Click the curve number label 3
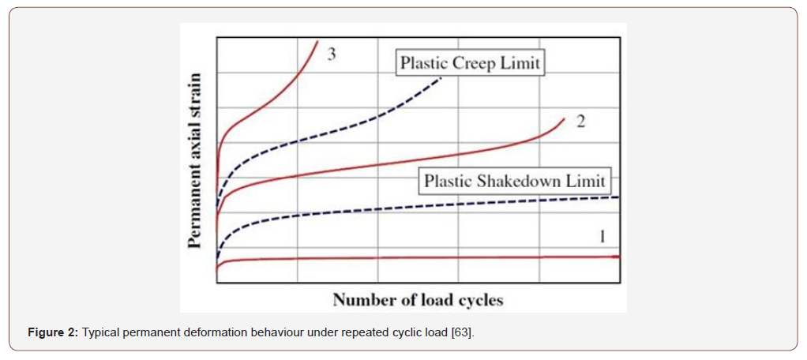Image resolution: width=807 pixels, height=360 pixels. click(x=333, y=54)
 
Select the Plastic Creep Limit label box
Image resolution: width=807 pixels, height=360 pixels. click(x=470, y=63)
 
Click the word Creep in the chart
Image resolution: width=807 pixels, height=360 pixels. click(x=474, y=63)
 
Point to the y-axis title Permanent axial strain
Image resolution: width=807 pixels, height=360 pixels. click(x=195, y=159)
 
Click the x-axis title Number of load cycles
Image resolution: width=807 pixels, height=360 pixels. click(x=418, y=300)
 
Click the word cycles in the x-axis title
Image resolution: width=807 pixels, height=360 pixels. click(x=479, y=300)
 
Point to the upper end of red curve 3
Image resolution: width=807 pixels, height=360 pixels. click(x=317, y=41)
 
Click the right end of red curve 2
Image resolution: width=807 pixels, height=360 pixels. click(x=565, y=119)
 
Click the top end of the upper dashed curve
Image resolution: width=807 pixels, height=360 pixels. click(x=445, y=78)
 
